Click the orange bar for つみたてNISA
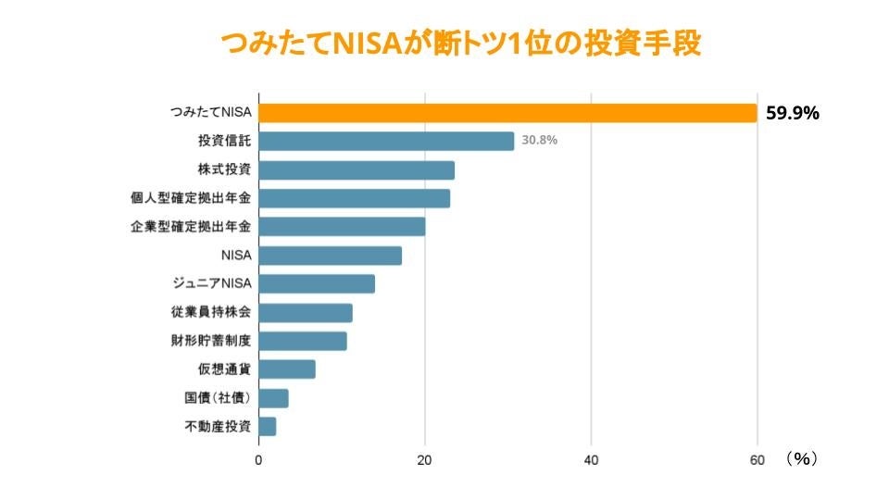coord(507,112)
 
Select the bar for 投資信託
coord(386,141)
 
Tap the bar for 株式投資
coord(357,169)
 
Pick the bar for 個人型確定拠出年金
coord(354,198)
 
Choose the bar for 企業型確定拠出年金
coord(342,227)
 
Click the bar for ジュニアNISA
coord(317,283)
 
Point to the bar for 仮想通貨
coord(287,369)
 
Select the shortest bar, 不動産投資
coord(268,427)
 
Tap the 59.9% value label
coord(793,113)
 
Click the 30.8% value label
coord(541,141)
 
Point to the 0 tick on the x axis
coord(258,458)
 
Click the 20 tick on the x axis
coord(425,458)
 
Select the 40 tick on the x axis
coord(592,458)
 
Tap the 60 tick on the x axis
coord(758,458)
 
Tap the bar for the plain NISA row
coord(330,256)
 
